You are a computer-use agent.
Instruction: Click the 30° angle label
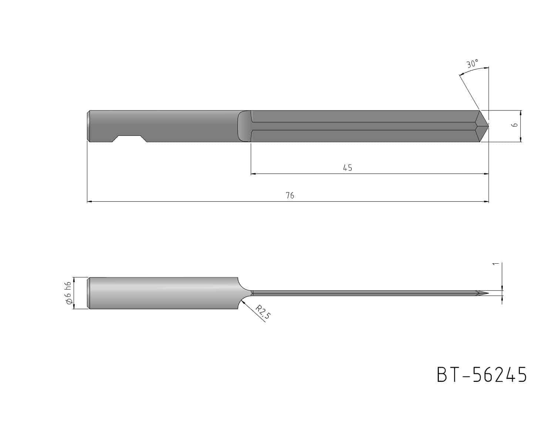pos(472,64)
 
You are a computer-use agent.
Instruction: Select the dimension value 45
pos(347,168)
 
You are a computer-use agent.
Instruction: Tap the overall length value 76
pos(290,195)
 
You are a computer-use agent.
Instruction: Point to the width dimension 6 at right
pos(515,125)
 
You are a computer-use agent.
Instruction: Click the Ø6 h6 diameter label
pos(68,293)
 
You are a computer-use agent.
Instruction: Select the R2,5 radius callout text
pos(263,312)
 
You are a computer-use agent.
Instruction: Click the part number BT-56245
pos(481,375)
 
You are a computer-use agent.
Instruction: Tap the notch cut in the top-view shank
pos(129,139)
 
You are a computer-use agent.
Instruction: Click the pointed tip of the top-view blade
pos(488,126)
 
